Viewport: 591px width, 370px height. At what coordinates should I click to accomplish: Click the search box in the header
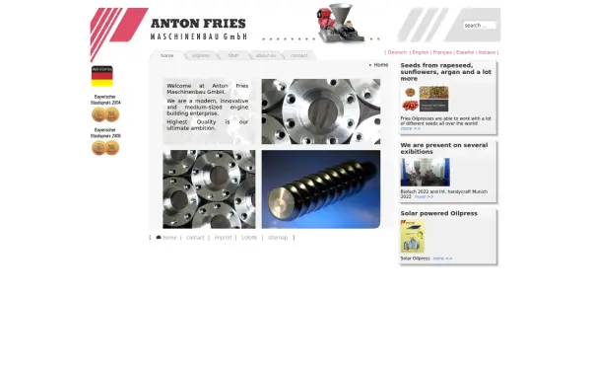tap(479, 26)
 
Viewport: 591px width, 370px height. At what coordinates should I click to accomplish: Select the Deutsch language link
tap(397, 52)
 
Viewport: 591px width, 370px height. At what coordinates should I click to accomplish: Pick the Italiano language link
tap(487, 52)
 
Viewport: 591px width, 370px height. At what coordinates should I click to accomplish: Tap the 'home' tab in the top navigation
tap(167, 56)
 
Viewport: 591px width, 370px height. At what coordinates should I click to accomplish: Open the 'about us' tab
tap(266, 56)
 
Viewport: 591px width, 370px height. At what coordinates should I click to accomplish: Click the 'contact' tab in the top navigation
tap(298, 56)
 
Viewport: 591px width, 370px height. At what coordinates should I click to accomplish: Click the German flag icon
tap(102, 76)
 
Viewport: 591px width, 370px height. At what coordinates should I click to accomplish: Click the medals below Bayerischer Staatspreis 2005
tap(104, 148)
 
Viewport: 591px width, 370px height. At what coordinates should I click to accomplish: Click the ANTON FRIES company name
tap(198, 23)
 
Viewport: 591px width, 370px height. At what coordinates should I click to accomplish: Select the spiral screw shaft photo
tap(320, 188)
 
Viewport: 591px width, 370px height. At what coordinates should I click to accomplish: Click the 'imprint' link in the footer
tap(223, 238)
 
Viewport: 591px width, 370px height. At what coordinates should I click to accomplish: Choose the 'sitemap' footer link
tap(278, 238)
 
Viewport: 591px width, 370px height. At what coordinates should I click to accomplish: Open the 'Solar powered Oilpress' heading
tap(438, 213)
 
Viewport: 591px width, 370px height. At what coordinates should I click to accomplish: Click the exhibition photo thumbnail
tap(425, 173)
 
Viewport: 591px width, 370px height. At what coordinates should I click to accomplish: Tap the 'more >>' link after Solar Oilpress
tap(442, 259)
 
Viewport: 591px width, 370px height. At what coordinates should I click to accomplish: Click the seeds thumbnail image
tap(425, 100)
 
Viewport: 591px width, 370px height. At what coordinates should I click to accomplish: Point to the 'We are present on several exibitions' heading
tap(443, 148)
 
